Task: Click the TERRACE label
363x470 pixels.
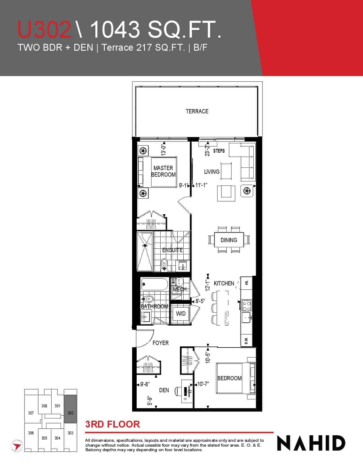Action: [x=197, y=111]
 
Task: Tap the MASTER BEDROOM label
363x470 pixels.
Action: [x=163, y=171]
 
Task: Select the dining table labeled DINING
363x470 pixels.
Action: [x=229, y=240]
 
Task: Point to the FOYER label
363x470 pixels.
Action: [x=160, y=343]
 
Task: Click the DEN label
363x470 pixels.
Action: [x=164, y=390]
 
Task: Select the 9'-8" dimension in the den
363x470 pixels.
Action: [x=145, y=384]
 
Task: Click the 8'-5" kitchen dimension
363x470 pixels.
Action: [x=200, y=301]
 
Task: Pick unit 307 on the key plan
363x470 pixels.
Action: [x=31, y=413]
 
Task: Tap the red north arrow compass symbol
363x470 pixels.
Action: [x=17, y=446]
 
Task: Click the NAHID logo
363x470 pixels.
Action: [x=311, y=443]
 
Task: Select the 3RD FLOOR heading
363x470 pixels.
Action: [x=113, y=424]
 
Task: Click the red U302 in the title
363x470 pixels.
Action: [x=44, y=29]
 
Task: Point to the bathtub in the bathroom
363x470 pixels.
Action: [x=154, y=284]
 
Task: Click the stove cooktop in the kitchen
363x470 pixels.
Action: [x=247, y=305]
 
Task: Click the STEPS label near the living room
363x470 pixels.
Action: [x=219, y=151]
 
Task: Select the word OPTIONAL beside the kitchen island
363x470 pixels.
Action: [x=226, y=318]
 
